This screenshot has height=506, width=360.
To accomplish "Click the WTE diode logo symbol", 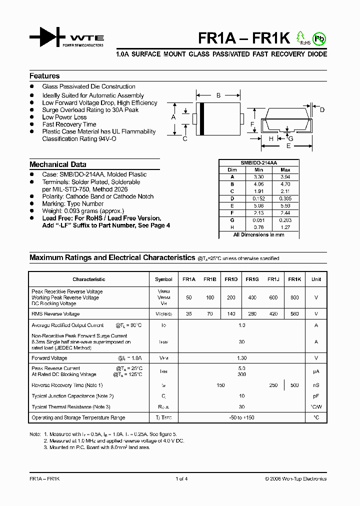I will [x=47, y=37].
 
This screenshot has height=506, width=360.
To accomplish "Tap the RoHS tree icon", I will [x=300, y=37].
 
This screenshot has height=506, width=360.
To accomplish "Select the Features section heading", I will [x=44, y=76].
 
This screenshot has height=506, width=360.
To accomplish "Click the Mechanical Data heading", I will [x=57, y=164].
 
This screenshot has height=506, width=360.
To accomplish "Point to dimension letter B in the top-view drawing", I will [x=218, y=95].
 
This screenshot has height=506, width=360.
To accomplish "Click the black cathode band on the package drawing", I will [x=201, y=118].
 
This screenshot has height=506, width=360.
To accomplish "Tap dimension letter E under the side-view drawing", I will [x=288, y=146].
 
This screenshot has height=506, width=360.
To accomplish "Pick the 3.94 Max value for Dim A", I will [x=285, y=177].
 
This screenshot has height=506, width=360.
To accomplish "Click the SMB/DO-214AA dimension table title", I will [x=258, y=163].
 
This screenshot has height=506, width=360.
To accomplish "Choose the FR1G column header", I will [x=252, y=279].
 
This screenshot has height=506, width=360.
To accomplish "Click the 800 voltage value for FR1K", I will [x=294, y=297].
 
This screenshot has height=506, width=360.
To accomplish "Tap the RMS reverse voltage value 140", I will [x=231, y=314].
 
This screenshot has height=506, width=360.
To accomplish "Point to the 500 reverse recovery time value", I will [x=294, y=385].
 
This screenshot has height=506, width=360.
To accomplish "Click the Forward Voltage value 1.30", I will [x=242, y=358].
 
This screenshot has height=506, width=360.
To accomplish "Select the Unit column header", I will [x=316, y=279].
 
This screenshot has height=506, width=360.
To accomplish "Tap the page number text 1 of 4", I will [x=181, y=479].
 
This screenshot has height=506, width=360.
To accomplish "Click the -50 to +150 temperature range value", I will [x=242, y=417].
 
